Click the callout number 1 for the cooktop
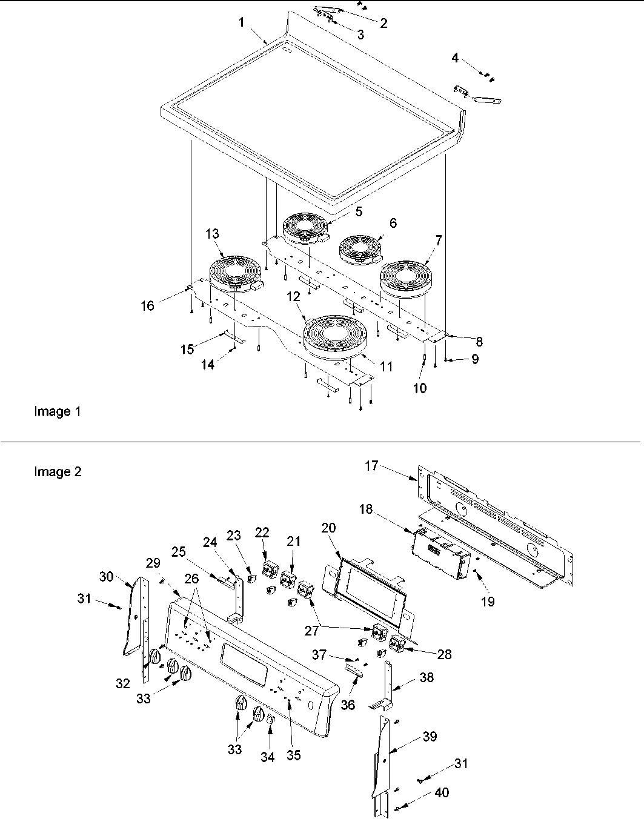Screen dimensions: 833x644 [x=241, y=22]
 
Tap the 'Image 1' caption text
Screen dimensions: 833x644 [x=57, y=412]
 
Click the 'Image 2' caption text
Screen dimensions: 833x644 [x=58, y=472]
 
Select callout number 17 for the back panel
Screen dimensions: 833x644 [x=371, y=466]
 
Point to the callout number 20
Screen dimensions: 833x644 [x=328, y=528]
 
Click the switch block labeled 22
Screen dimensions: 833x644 [x=269, y=570]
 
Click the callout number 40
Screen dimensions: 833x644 [x=442, y=792]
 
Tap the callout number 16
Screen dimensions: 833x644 [x=148, y=305]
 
